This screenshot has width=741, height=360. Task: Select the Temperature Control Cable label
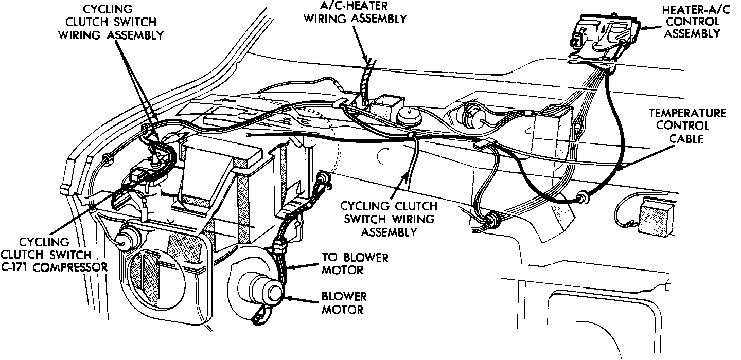tap(687, 125)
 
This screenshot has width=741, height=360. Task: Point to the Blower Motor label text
tap(343, 303)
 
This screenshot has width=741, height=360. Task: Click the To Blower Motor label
tap(355, 263)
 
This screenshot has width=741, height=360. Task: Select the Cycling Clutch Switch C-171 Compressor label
tap(54, 254)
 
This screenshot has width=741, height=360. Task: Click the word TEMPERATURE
tap(687, 113)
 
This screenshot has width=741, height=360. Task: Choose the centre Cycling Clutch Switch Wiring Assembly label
tap(388, 219)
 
